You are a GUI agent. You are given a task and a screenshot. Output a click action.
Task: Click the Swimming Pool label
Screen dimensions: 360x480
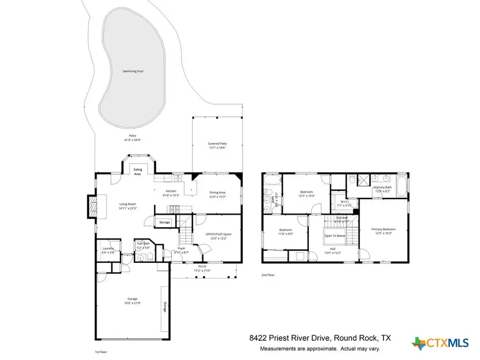pos(133,71)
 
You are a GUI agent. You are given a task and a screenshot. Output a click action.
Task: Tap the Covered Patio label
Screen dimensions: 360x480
pos(218,143)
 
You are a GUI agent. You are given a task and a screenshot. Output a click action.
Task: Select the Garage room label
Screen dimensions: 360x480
pos(132,299)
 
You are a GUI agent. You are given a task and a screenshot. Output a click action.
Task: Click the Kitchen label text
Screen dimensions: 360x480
pos(171,191)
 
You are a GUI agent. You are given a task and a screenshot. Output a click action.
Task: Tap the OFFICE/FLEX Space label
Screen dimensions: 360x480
pos(219,234)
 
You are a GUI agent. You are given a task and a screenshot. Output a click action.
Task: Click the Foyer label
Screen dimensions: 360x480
pos(181,249)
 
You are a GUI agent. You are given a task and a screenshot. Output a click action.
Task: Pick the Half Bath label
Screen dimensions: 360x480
pos(142,244)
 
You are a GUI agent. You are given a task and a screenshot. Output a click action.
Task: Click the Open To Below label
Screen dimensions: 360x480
pos(335,235)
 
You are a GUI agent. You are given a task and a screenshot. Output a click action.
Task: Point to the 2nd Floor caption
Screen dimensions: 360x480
pos(267,275)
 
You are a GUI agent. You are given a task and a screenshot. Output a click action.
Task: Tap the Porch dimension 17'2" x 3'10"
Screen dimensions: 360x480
pos(202,271)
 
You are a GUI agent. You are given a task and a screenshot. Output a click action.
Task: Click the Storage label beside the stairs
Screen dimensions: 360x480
pos(165,222)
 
